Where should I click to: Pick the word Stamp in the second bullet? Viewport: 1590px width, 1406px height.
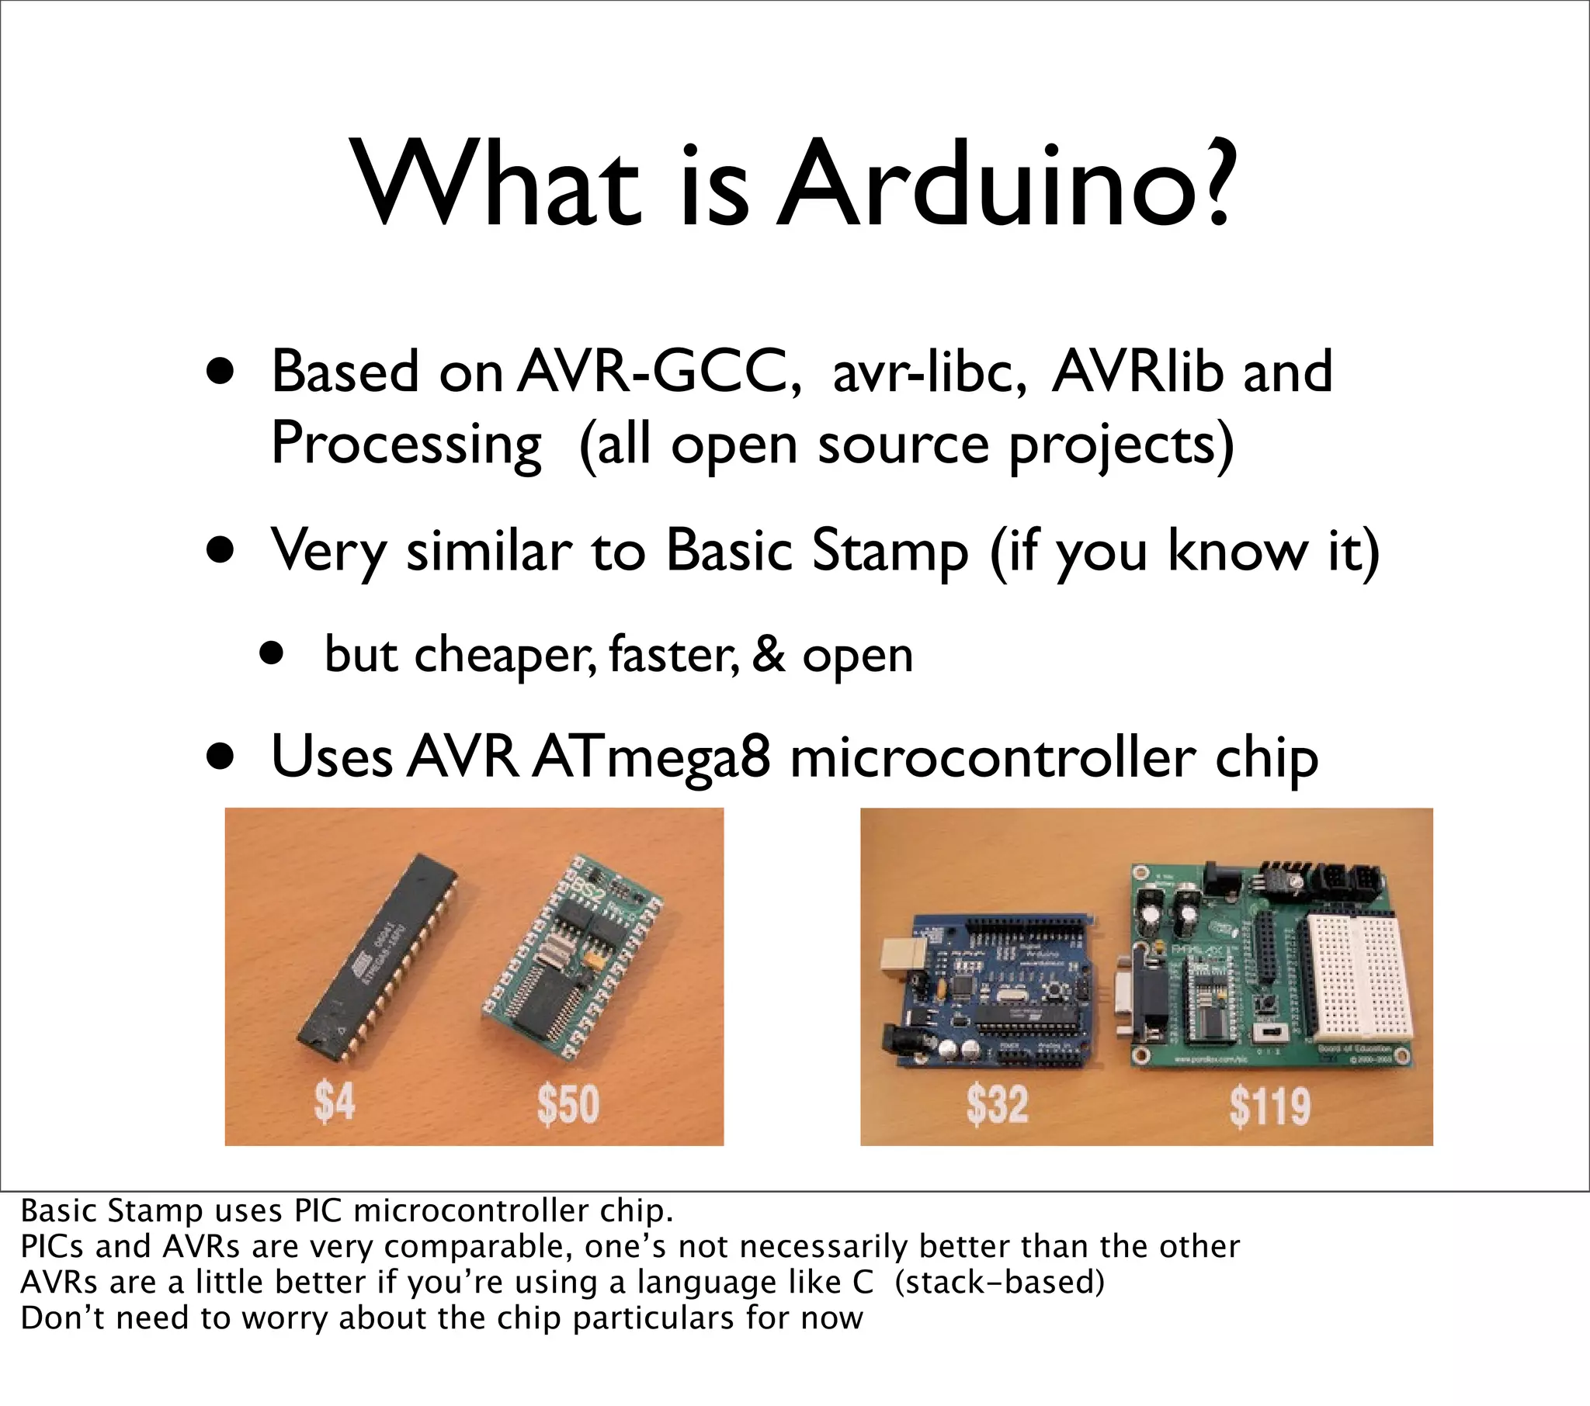[x=890, y=551]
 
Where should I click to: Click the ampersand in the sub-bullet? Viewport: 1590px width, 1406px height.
[x=768, y=654]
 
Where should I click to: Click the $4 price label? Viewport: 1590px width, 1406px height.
[x=335, y=1102]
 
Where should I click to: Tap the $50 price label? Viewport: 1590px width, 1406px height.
[x=568, y=1104]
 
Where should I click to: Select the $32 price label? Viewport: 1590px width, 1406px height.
[x=997, y=1104]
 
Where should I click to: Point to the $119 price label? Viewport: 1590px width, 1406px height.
[x=1269, y=1106]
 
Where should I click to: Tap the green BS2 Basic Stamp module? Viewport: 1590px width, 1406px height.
[x=571, y=953]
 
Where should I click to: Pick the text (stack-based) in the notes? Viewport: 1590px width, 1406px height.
[x=1000, y=1283]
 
